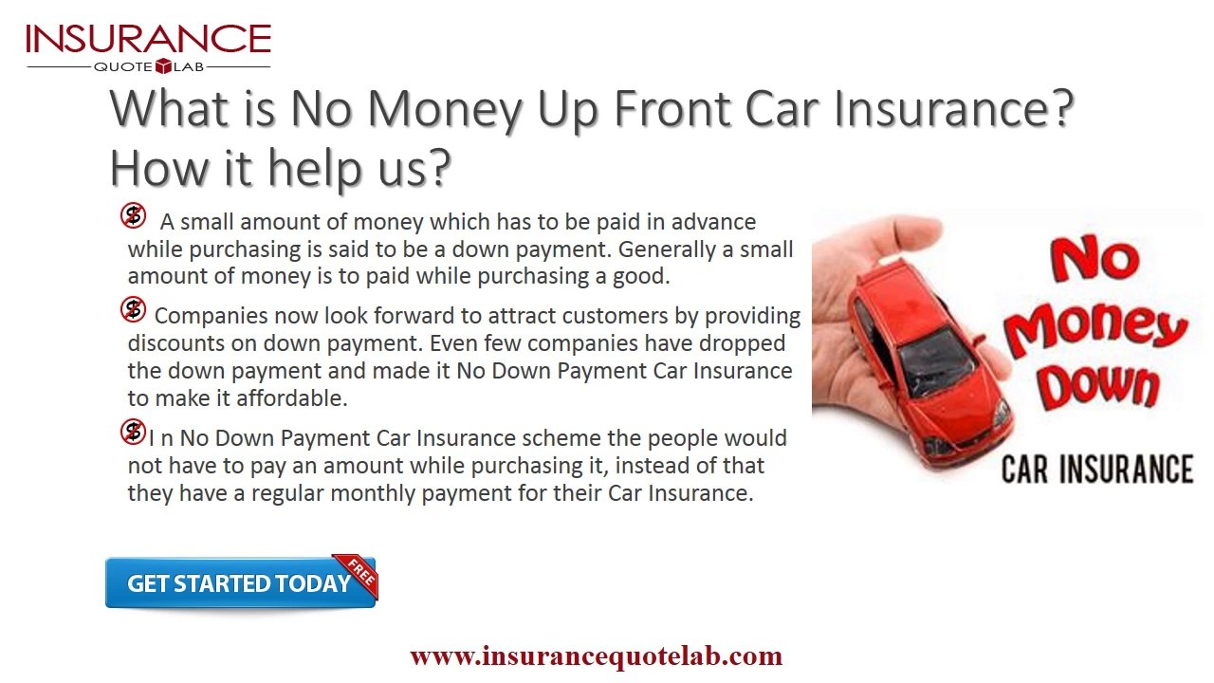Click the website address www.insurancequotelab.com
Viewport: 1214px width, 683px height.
pyautogui.click(x=596, y=655)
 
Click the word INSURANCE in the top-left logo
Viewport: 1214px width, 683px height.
pyautogui.click(x=148, y=39)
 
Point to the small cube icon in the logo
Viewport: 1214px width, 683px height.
pyautogui.click(x=162, y=66)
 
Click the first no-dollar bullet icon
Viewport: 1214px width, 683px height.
pyautogui.click(x=133, y=216)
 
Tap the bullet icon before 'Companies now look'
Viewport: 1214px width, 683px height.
pyautogui.click(x=133, y=309)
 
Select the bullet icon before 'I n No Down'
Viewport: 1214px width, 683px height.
pyautogui.click(x=133, y=433)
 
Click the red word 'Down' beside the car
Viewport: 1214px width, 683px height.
pyautogui.click(x=1097, y=386)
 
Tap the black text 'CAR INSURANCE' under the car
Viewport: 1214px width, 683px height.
pyautogui.click(x=1097, y=469)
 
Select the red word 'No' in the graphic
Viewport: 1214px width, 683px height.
pyautogui.click(x=1093, y=258)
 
